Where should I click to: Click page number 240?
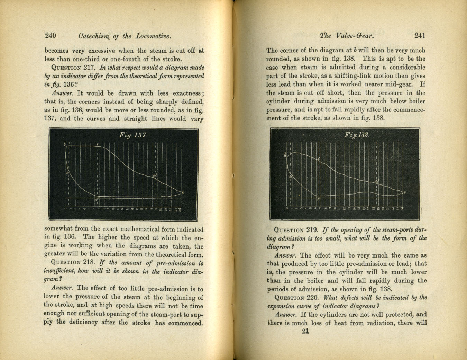(51, 36)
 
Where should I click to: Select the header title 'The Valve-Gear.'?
(347, 35)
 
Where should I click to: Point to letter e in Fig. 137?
(183, 192)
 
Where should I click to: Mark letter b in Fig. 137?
(65, 144)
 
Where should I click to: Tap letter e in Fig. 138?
(404, 192)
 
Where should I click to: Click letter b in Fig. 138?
(285, 155)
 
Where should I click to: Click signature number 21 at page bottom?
(305, 331)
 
